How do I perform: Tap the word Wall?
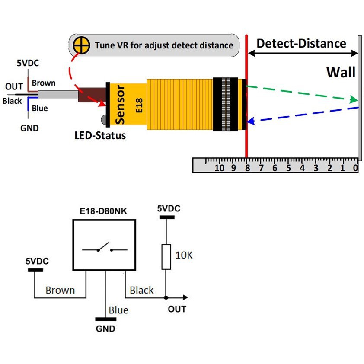tap(341, 72)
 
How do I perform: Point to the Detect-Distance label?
tap(301, 43)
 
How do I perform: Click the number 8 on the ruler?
tap(247, 168)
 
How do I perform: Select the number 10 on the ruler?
tap(219, 168)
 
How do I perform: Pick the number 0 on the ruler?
tap(355, 168)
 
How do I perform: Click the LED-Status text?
tap(99, 136)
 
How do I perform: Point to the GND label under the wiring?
tap(29, 128)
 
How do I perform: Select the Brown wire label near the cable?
tap(44, 83)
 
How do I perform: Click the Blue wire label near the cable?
tap(40, 108)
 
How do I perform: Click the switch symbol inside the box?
tap(104, 249)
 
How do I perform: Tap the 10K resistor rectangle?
tap(166, 256)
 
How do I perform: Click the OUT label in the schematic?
tap(177, 309)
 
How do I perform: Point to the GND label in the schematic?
tap(105, 329)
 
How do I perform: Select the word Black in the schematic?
tap(141, 290)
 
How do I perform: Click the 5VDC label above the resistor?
tap(169, 209)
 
